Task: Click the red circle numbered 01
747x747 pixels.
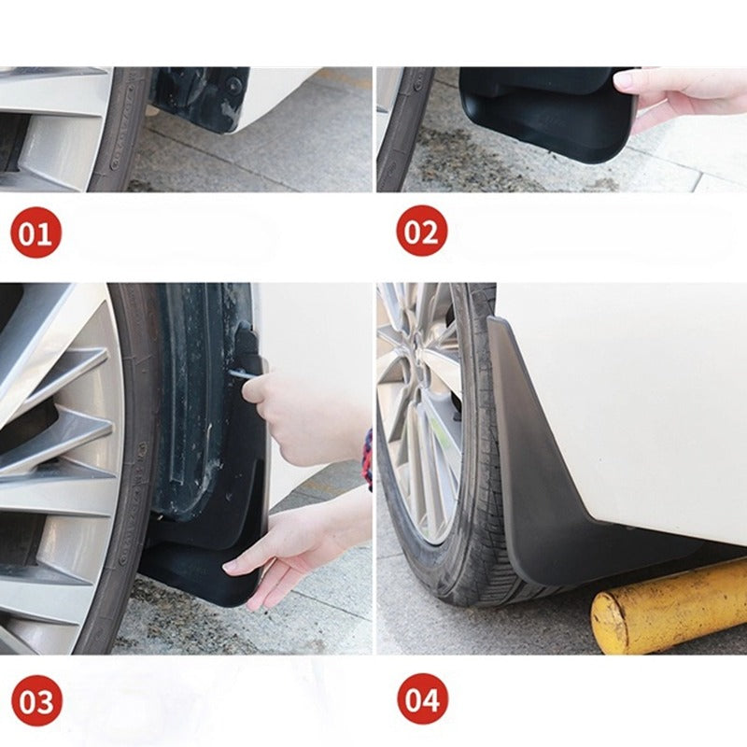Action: [x=35, y=232]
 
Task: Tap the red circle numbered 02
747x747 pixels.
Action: [x=421, y=232]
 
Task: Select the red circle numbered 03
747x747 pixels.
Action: [x=36, y=700]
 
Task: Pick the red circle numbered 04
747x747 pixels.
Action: [x=422, y=699]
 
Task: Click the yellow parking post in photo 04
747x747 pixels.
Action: [x=668, y=608]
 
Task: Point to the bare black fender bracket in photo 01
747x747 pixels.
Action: [x=201, y=98]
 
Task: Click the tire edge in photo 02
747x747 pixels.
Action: [x=397, y=131]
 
